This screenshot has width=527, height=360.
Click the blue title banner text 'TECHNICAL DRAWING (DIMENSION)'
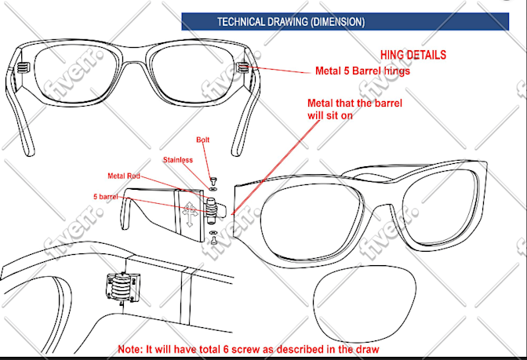tap(291, 22)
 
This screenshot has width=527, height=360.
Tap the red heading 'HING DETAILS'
tap(413, 55)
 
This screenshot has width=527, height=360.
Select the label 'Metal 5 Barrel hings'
tap(362, 71)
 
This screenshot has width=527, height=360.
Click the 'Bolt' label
tap(202, 140)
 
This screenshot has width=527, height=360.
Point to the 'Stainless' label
tap(178, 160)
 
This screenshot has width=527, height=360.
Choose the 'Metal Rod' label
tap(124, 176)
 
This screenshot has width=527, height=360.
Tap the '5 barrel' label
tap(106, 197)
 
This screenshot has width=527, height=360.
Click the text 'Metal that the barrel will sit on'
tap(354, 109)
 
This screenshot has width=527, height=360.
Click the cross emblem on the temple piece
tap(190, 214)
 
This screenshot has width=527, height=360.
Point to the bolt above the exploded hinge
tap(213, 180)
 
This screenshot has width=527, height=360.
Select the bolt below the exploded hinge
tap(213, 240)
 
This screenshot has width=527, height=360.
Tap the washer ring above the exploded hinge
tap(213, 184)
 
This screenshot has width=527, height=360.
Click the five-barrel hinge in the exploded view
tap(212, 210)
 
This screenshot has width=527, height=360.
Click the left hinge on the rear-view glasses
tap(23, 67)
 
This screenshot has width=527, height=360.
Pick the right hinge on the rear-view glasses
tap(243, 67)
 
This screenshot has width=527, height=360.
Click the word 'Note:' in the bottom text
tap(130, 349)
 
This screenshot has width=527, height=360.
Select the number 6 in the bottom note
tap(227, 349)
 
